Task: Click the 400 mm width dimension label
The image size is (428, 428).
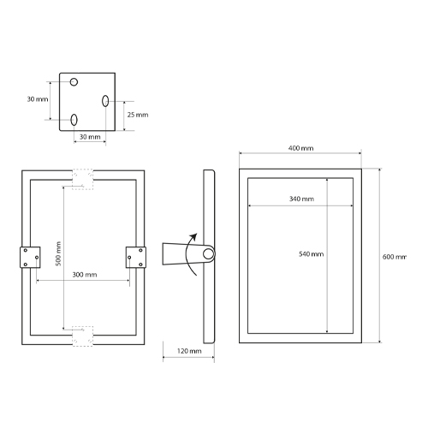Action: (x=300, y=148)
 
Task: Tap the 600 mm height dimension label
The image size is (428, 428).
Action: (x=395, y=257)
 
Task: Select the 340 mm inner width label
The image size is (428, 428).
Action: (x=301, y=199)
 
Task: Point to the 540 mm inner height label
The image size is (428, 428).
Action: (x=312, y=254)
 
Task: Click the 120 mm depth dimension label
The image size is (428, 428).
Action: (x=189, y=351)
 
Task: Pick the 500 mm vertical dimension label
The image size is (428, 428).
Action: (x=58, y=253)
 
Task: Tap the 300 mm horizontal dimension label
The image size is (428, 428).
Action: (x=85, y=275)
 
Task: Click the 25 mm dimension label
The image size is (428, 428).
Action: (x=138, y=115)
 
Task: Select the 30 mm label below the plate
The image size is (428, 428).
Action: (x=90, y=137)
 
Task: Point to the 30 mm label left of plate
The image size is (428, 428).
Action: (x=38, y=99)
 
